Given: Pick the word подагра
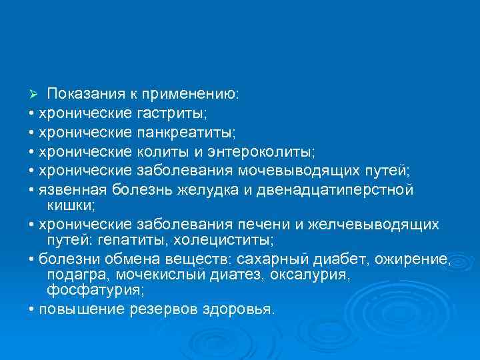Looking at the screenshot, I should [x=78, y=275].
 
